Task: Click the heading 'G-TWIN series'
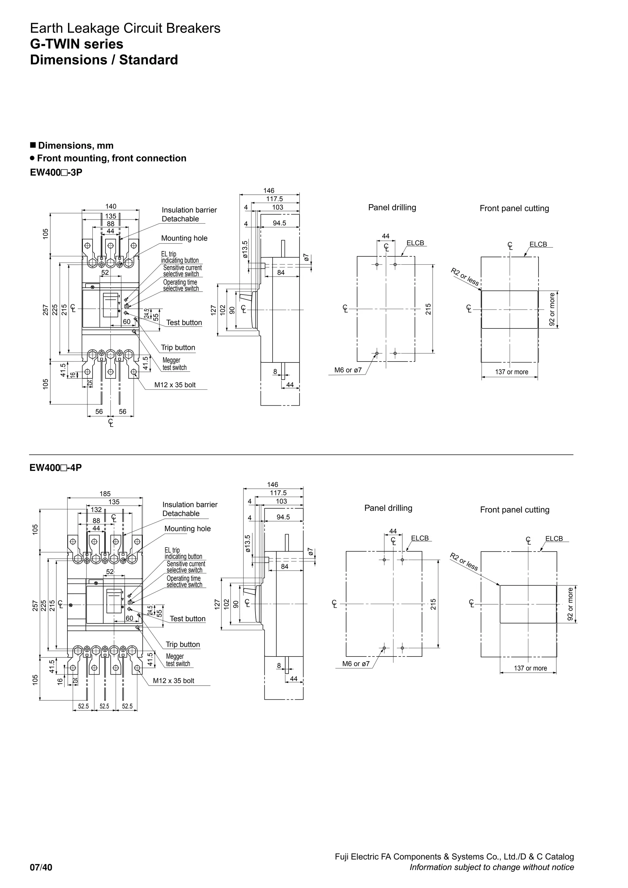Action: pyautogui.click(x=77, y=44)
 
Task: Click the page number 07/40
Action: pyautogui.click(x=41, y=867)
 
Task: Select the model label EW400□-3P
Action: pyautogui.click(x=56, y=173)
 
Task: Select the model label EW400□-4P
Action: pyautogui.click(x=56, y=468)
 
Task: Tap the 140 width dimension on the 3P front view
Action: pyautogui.click(x=111, y=207)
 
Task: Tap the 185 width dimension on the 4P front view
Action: pyautogui.click(x=105, y=494)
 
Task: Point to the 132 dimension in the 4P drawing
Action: pyautogui.click(x=96, y=510)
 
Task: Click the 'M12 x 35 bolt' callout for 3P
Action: pyautogui.click(x=175, y=385)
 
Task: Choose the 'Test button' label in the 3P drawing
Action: pyautogui.click(x=184, y=323)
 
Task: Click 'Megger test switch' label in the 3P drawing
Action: pyautogui.click(x=174, y=364)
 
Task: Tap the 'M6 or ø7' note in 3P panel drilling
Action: pyautogui.click(x=348, y=370)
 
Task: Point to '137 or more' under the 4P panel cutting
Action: pyautogui.click(x=530, y=668)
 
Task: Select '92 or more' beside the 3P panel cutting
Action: pyautogui.click(x=552, y=309)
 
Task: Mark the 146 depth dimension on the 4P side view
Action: pyautogui.click(x=273, y=484)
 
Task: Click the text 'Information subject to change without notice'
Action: pyautogui.click(x=492, y=867)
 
